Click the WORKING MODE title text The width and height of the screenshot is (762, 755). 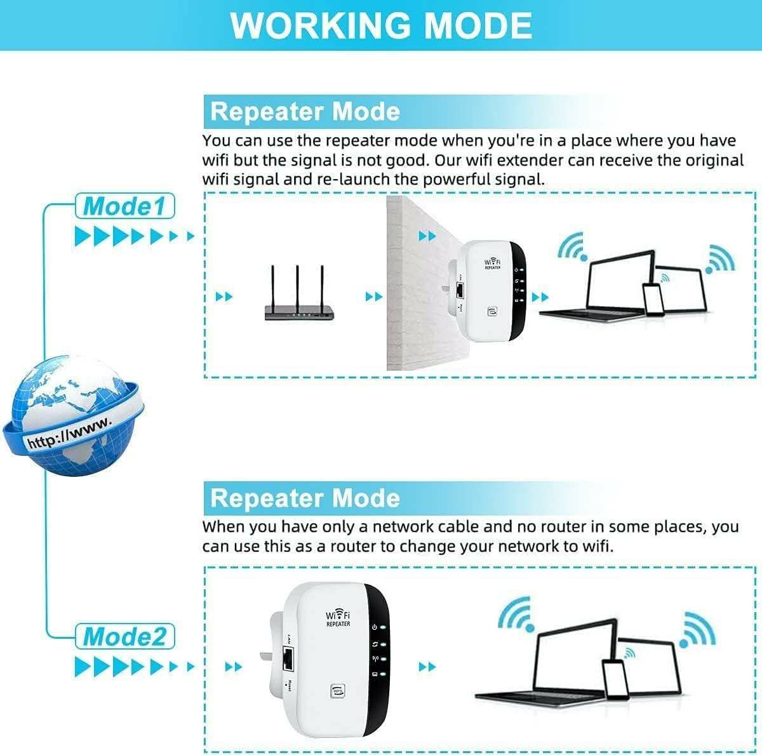click(x=381, y=25)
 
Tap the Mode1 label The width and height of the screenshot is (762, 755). click(x=124, y=206)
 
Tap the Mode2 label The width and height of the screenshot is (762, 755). click(x=124, y=636)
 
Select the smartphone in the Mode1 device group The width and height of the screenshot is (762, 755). click(x=653, y=298)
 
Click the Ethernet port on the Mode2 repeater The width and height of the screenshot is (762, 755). click(x=289, y=660)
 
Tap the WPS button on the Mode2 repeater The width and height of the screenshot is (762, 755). click(x=338, y=690)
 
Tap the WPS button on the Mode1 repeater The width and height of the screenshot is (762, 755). click(x=491, y=311)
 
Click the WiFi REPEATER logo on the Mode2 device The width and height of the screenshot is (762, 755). click(x=338, y=618)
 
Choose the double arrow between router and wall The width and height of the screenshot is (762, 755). click(x=374, y=297)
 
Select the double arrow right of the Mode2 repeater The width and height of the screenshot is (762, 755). click(x=427, y=667)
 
